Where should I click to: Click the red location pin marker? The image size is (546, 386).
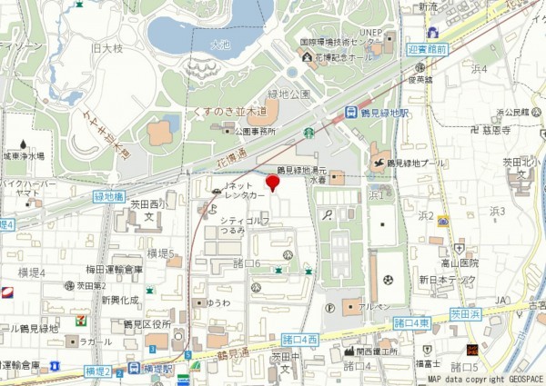pos(272,183)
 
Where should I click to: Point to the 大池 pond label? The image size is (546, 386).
pos(220,44)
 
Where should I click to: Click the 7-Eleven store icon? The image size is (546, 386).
pos(83,321)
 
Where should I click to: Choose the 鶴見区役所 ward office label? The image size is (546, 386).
pos(147,324)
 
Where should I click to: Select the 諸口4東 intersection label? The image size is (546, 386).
pos(411,322)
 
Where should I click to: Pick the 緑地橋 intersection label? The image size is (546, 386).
pos(111,196)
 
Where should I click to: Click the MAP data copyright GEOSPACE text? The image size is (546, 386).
pos(485,380)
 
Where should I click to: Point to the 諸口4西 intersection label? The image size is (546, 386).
pos(300,339)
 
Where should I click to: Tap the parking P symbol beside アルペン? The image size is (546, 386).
pos(329,308)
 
